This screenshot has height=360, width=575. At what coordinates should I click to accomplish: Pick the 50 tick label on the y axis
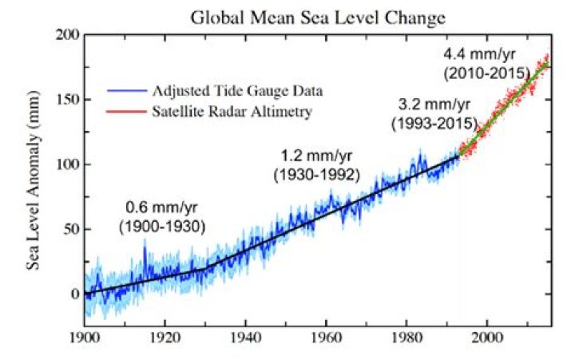tap(68, 229)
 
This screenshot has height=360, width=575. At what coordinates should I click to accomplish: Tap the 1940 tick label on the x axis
tap(244, 338)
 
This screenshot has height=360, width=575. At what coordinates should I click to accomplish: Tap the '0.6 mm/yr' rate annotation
tap(161, 209)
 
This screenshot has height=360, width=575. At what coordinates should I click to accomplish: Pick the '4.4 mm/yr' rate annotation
tap(486, 57)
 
